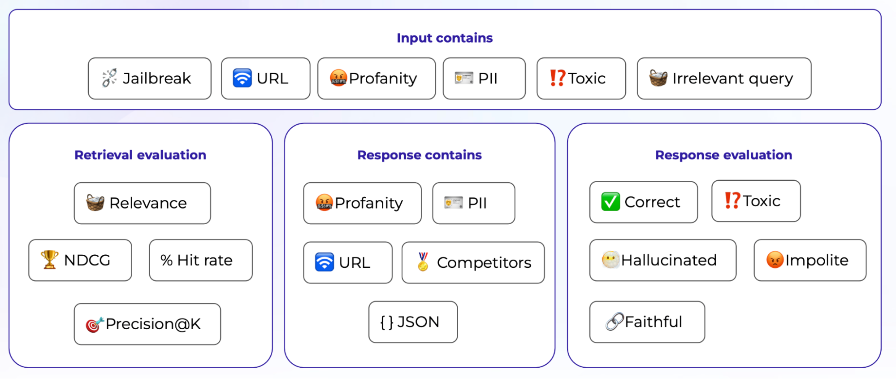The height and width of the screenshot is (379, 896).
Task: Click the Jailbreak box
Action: coord(149,78)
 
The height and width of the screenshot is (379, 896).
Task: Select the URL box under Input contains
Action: coord(265,78)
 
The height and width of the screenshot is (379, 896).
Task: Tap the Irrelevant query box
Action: coord(723,78)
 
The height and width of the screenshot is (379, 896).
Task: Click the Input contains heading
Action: coord(444,38)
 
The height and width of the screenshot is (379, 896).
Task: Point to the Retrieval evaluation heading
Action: coord(140,155)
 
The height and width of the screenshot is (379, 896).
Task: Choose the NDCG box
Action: coord(80,260)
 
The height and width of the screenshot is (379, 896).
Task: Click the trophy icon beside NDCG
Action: coord(49,260)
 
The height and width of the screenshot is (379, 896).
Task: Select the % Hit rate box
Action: coord(200,260)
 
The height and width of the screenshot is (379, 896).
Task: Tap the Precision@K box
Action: coord(147,324)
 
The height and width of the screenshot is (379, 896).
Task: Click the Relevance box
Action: coord(142,203)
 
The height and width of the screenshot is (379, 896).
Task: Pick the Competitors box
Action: coord(473,262)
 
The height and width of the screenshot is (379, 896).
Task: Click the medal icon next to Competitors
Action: coord(423,262)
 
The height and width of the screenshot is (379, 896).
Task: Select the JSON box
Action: coord(413,322)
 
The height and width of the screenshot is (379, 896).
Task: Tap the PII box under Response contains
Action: coord(473,203)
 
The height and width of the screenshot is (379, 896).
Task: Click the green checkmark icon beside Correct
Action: coord(610,202)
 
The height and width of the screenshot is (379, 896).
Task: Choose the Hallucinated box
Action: coord(662,260)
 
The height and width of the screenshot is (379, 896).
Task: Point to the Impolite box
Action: coord(809,260)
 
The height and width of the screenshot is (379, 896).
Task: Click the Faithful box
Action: coord(647,322)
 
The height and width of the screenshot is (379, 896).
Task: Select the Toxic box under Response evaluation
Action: coord(756,201)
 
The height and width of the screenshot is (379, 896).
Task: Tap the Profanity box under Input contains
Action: coord(376,78)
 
